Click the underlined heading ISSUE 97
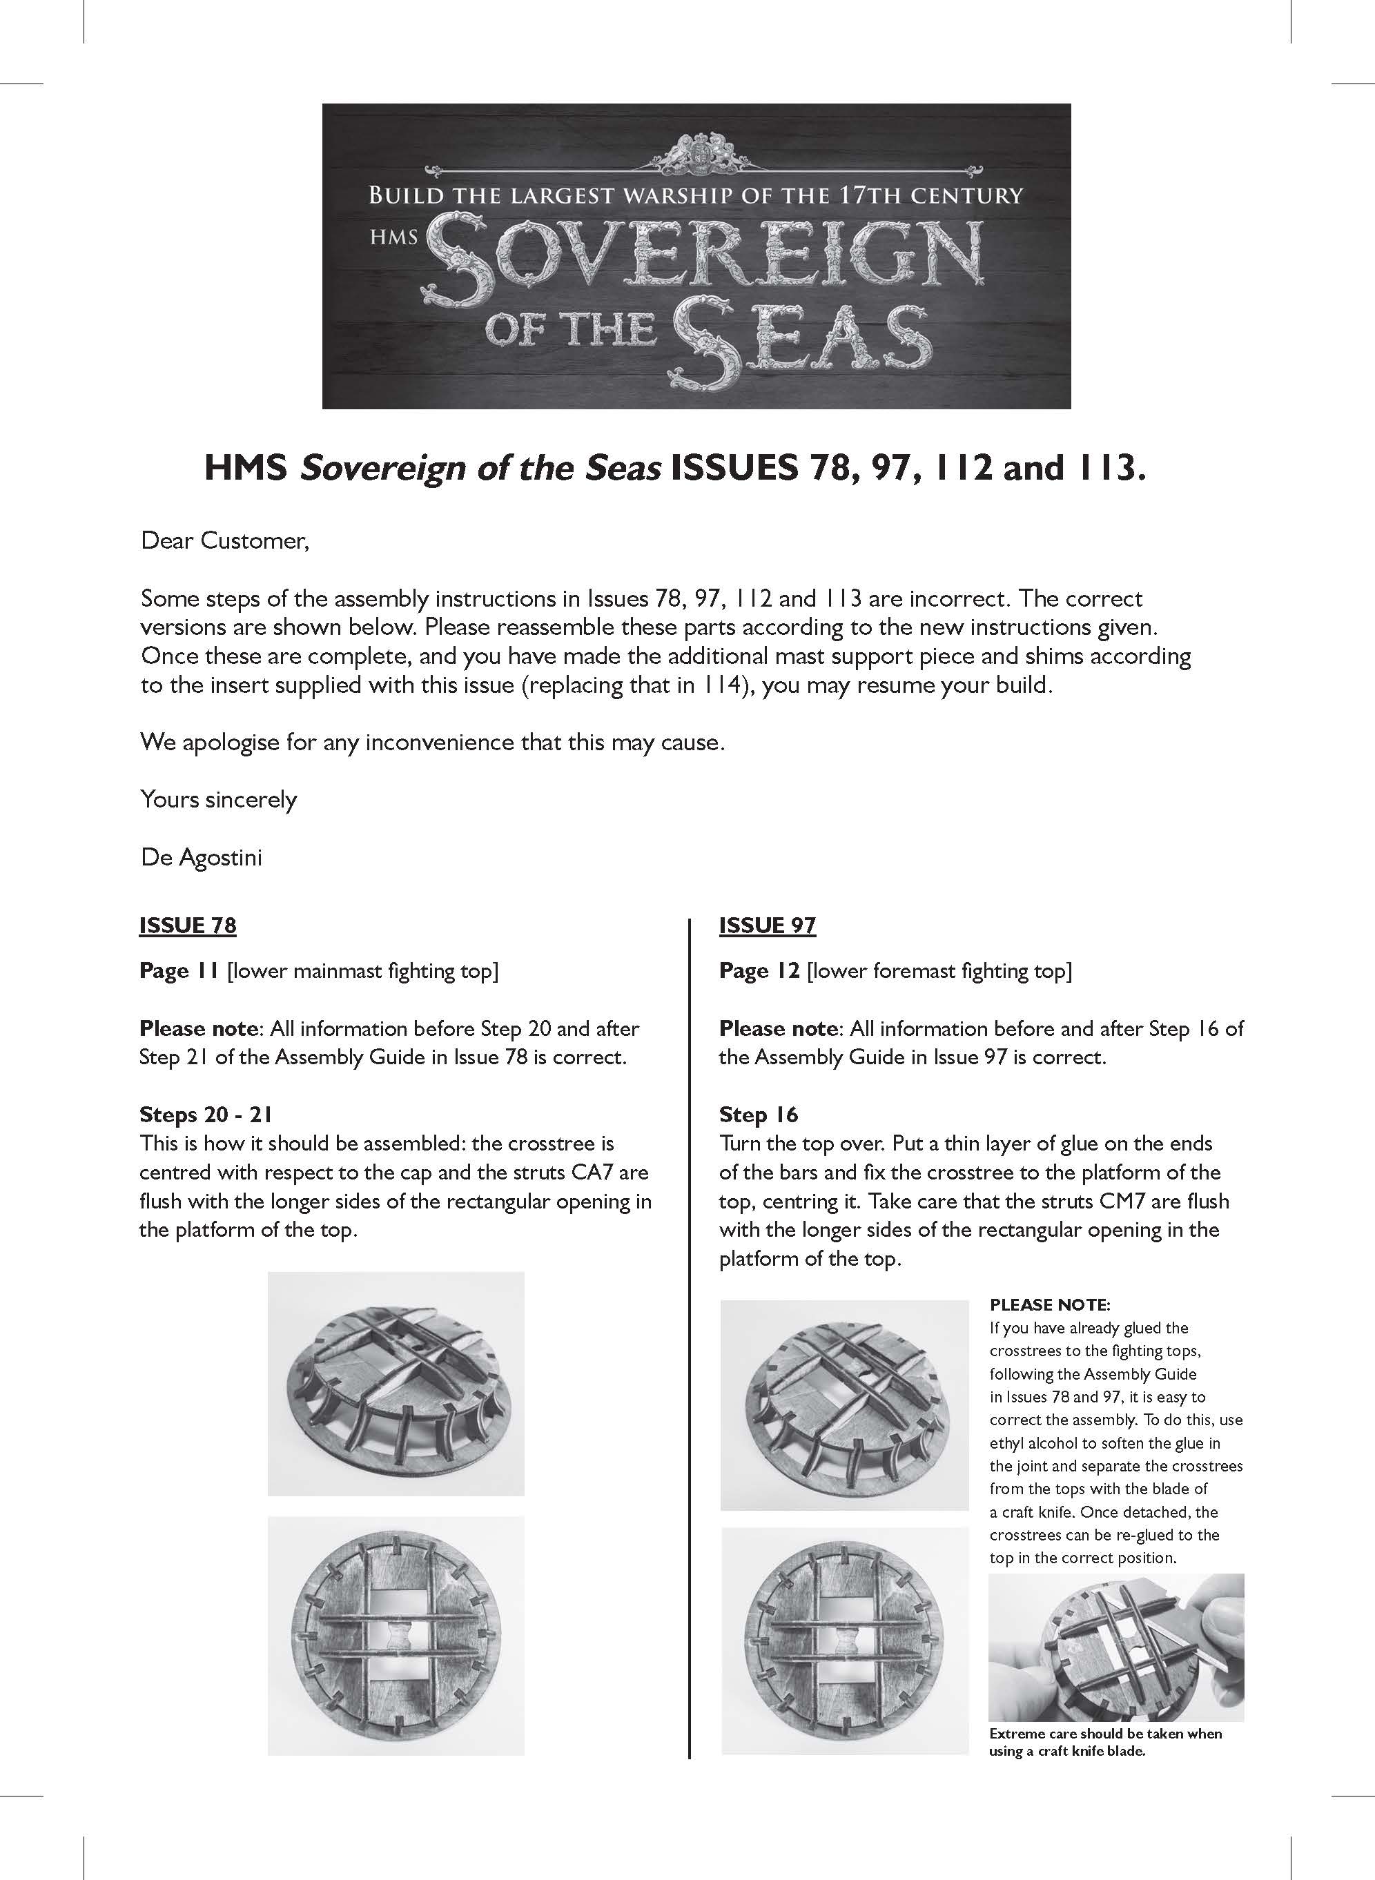pyautogui.click(x=768, y=926)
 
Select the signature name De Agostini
pyautogui.click(x=202, y=856)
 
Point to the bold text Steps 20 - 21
pyautogui.click(x=206, y=1115)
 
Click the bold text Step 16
pyautogui.click(x=758, y=1115)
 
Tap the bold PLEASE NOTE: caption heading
pyautogui.click(x=1050, y=1304)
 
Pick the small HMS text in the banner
pyautogui.click(x=393, y=237)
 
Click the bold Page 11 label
pyautogui.click(x=179, y=971)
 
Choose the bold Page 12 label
pyautogui.click(x=759, y=971)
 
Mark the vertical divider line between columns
pyautogui.click(x=690, y=1331)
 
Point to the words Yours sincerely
pyautogui.click(x=219, y=800)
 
